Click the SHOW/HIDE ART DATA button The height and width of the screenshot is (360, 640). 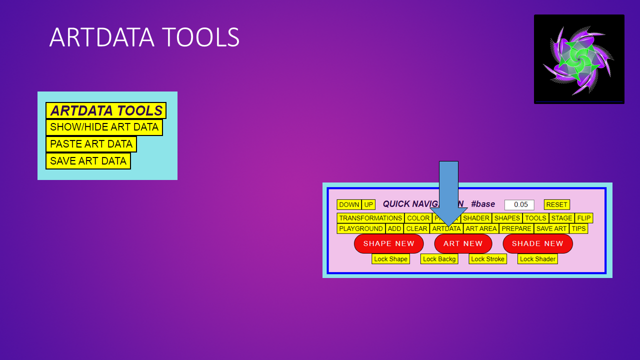pos(104,127)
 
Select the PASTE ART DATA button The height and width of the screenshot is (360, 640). pos(91,144)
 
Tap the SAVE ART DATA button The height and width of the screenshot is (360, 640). pos(88,161)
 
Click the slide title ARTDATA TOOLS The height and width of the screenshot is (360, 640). pos(144,37)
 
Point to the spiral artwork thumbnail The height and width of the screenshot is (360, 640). pos(579,59)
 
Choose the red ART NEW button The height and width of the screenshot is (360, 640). pos(463,243)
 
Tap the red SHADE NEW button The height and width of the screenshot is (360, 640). pos(537,243)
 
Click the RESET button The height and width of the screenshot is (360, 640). pos(556,204)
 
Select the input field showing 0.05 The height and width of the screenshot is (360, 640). pos(519,204)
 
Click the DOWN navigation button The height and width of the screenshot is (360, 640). pos(349,204)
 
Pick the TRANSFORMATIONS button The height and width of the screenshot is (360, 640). pos(370,218)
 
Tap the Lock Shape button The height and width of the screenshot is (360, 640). pos(390,259)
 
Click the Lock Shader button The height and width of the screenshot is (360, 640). pos(537,259)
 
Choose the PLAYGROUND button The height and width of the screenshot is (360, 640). pos(361,228)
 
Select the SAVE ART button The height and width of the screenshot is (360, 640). pos(551,228)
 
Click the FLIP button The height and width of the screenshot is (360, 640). pos(583,218)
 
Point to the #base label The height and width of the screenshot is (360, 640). pos(483,204)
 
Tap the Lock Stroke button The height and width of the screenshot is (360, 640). pos(487,259)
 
